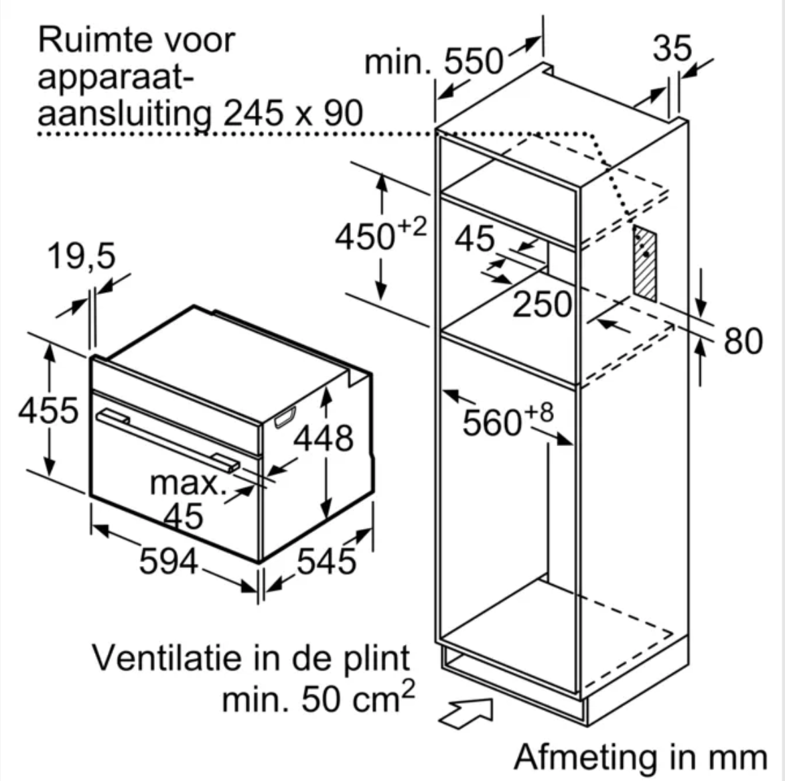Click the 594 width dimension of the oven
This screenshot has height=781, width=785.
pyautogui.click(x=168, y=561)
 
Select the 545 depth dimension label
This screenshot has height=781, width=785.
pyautogui.click(x=326, y=561)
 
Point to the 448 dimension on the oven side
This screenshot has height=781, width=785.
pyautogui.click(x=324, y=439)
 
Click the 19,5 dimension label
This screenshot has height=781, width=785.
pyautogui.click(x=81, y=257)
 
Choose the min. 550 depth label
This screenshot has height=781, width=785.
pyautogui.click(x=433, y=62)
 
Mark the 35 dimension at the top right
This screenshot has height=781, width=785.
pyautogui.click(x=672, y=49)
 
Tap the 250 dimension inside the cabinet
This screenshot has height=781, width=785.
pyautogui.click(x=542, y=304)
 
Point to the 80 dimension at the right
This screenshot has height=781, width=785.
pyautogui.click(x=743, y=341)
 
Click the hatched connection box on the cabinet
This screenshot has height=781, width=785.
pyautogui.click(x=645, y=264)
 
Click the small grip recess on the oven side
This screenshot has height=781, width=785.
pyautogui.click(x=285, y=417)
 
